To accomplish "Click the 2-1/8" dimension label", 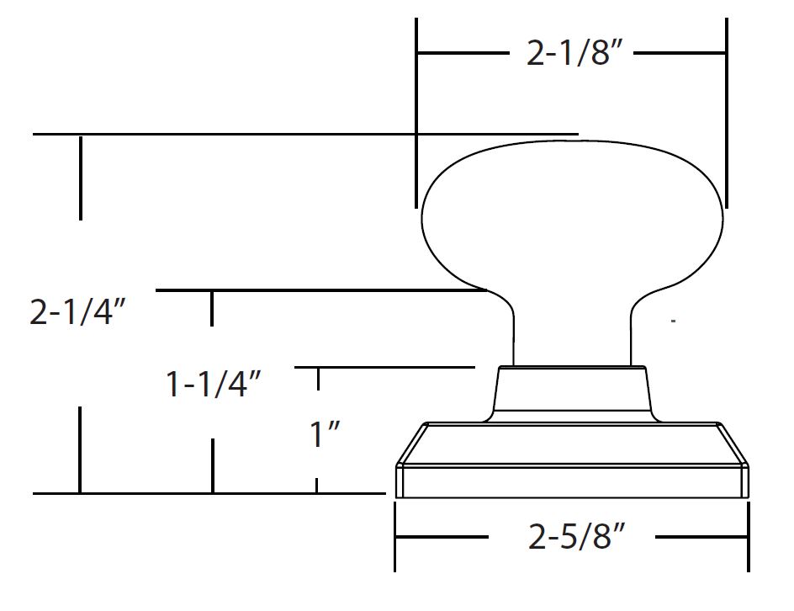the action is (x=573, y=52).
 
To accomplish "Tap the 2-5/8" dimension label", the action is (x=577, y=537).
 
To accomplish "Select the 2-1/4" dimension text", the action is (x=77, y=311).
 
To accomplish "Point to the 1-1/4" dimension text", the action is (x=213, y=384).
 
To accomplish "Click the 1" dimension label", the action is (x=325, y=434).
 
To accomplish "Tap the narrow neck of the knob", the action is (x=572, y=329).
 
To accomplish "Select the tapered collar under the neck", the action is (x=572, y=394).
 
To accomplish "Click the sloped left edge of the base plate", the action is (x=411, y=444).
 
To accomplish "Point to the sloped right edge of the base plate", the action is (x=733, y=444).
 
